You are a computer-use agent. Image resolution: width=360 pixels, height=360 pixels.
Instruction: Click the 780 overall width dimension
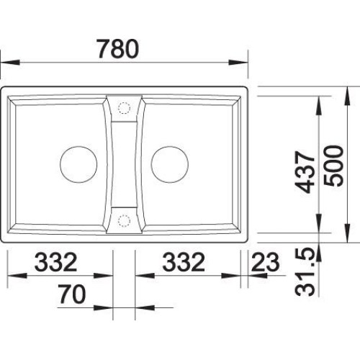pos(118,49)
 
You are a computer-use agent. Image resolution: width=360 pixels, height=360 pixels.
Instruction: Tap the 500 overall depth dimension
pos(333,166)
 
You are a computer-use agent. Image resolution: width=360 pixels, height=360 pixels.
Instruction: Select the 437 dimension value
pos(305,172)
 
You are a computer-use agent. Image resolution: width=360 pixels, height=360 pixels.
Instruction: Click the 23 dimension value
pos(266,262)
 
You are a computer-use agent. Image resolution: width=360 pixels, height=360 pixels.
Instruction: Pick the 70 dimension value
pos(72,294)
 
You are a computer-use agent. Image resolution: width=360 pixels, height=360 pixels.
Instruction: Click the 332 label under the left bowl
pos(56,262)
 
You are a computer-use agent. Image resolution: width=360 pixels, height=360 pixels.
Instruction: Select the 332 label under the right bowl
pos(184,262)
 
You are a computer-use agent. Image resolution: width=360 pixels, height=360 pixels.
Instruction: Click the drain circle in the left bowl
pos(78,165)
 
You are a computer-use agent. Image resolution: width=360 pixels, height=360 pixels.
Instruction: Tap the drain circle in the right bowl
pos(170,165)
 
